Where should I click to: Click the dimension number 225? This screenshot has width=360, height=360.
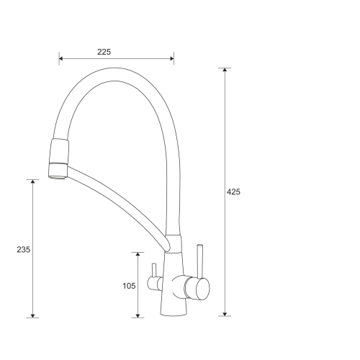(x=104, y=52)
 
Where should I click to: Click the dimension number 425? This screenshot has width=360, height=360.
(x=233, y=192)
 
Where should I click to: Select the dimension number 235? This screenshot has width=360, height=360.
(x=24, y=250)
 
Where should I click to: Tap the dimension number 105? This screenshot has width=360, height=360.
(x=129, y=286)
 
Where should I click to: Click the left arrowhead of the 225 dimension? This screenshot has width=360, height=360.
(x=61, y=58)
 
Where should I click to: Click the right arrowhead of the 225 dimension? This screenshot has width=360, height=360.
(x=172, y=58)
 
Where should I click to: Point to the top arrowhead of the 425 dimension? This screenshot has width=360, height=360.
(x=225, y=70)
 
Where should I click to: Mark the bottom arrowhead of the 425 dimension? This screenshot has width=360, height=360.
(x=225, y=314)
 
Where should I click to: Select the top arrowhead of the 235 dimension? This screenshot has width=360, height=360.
(x=33, y=181)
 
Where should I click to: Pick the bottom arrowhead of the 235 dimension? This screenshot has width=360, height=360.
(x=33, y=315)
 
